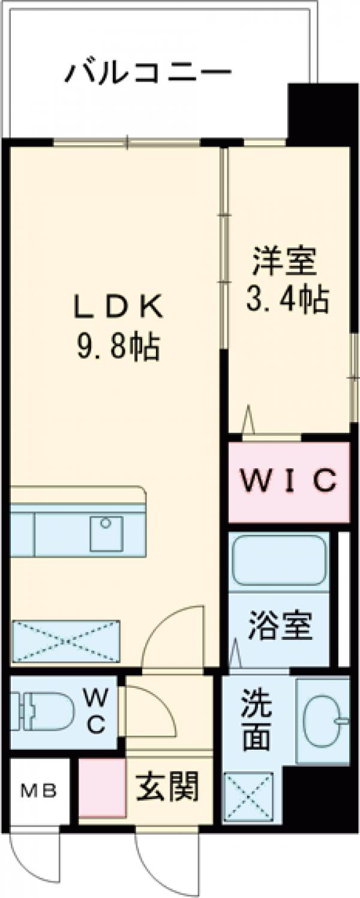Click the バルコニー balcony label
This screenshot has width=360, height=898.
148,73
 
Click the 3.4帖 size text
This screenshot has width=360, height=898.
287,298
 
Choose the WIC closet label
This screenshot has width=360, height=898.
289,481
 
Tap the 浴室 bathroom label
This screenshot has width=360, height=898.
280,627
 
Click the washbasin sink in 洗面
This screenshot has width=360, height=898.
325,720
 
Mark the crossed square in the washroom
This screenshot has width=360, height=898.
248,797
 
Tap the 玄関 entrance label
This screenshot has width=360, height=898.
167,786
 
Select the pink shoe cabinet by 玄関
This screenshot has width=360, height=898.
102,788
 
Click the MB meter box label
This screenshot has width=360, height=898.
39,792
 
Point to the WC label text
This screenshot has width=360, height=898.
97,710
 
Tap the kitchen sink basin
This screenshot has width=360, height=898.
106,533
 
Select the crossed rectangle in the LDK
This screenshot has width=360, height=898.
66,642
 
